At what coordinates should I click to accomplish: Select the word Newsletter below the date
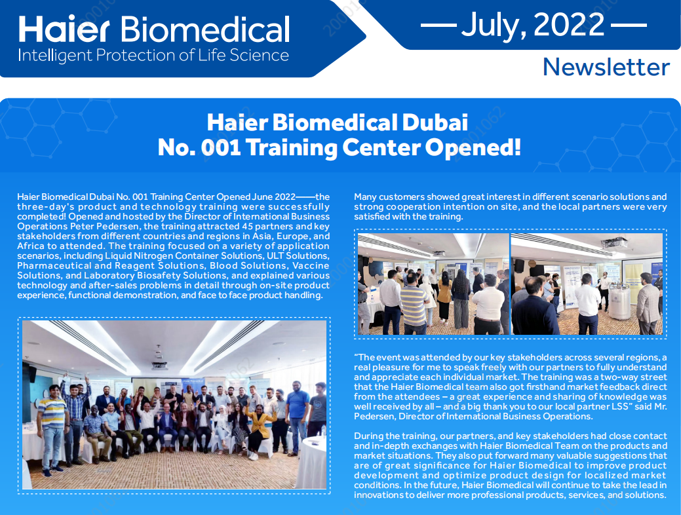point(606,67)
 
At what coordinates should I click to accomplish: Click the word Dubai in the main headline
point(435,122)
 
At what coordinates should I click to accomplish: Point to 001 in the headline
point(221,147)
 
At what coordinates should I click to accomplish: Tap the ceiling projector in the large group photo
point(159,365)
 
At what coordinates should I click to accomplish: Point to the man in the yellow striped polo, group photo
point(51,428)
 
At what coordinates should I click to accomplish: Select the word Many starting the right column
point(365,197)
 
